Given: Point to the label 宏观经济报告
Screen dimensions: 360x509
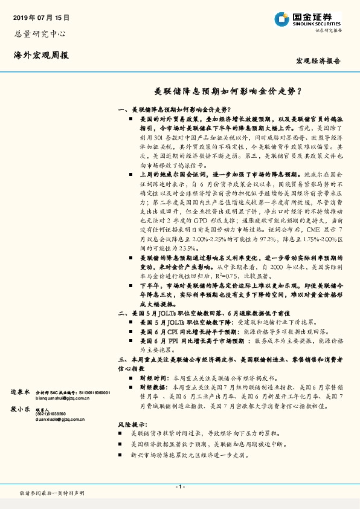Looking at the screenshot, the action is pyautogui.click(x=318, y=61).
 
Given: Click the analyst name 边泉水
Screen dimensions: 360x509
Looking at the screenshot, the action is pyautogui.click(x=20, y=392).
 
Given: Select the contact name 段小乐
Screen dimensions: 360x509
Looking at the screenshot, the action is pyautogui.click(x=20, y=409).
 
